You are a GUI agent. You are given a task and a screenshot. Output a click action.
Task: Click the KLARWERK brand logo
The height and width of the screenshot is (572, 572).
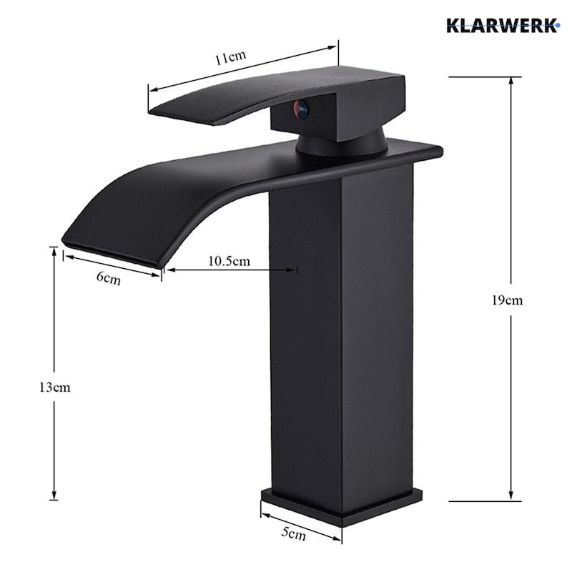point(503,26)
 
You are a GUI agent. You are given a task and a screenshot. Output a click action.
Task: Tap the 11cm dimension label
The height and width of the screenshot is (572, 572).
point(230,58)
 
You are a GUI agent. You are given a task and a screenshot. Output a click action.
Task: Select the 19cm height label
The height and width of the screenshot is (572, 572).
point(507,300)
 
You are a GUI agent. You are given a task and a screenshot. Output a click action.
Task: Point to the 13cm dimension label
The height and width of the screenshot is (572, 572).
point(55,388)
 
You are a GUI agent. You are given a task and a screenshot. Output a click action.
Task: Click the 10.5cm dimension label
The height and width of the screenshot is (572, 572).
point(229,261)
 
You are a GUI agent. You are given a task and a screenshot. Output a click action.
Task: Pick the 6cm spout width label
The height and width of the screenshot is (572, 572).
point(109,278)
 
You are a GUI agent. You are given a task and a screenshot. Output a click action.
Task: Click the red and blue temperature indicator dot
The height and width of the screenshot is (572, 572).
point(300,109)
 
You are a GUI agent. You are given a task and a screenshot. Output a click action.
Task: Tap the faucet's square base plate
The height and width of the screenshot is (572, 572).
point(342,507)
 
